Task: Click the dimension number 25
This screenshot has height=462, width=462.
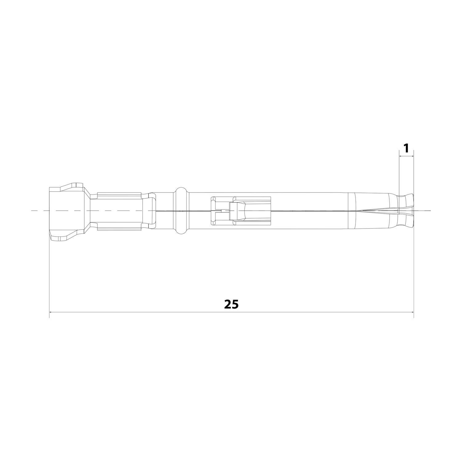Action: pyautogui.click(x=231, y=304)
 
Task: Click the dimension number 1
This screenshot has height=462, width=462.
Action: pyautogui.click(x=406, y=148)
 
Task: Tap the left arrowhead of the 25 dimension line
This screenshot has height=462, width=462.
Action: pyautogui.click(x=51, y=312)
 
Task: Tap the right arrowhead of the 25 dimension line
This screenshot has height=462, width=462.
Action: pyautogui.click(x=412, y=312)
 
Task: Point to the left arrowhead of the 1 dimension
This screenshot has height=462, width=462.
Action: pyautogui.click(x=400, y=156)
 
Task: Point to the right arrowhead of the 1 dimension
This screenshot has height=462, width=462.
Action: pyautogui.click(x=412, y=156)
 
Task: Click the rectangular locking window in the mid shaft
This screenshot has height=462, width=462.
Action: pyautogui.click(x=240, y=211)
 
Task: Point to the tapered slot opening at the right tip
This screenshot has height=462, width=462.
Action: pyautogui.click(x=379, y=211)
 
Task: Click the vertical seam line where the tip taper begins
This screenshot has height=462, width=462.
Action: pyautogui.click(x=348, y=211)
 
